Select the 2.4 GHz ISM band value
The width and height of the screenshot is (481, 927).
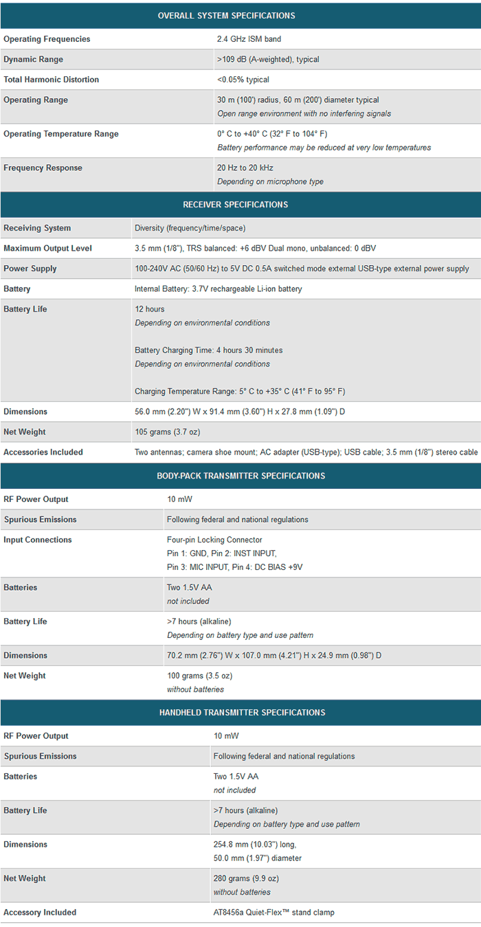(x=249, y=39)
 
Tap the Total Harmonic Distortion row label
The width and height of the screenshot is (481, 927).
(x=52, y=80)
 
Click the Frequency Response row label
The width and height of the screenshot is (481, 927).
(x=43, y=168)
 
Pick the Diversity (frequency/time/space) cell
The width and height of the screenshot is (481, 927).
(x=190, y=228)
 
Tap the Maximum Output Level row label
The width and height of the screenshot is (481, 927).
(x=47, y=249)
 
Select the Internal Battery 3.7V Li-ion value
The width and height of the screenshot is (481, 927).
(x=219, y=289)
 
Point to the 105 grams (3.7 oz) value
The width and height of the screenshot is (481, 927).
(x=168, y=432)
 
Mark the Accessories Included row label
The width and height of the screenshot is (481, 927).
(x=43, y=453)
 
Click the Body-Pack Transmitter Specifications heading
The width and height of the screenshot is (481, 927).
(x=240, y=476)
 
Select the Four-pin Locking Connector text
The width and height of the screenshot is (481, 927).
(x=214, y=540)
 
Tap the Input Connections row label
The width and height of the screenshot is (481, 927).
(x=38, y=540)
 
